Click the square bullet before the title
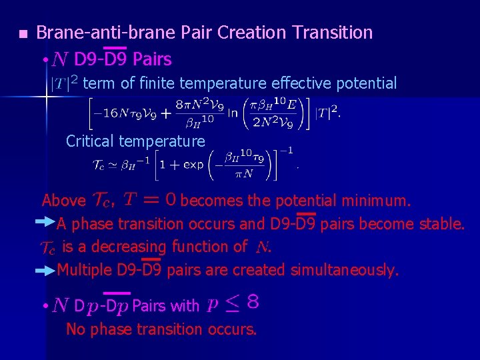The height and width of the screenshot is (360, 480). click(x=22, y=33)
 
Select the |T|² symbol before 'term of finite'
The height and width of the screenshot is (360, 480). click(x=65, y=83)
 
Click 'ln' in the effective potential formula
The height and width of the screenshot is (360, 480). click(x=232, y=112)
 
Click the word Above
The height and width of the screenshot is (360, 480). click(x=63, y=201)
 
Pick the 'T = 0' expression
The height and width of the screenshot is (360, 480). click(x=150, y=199)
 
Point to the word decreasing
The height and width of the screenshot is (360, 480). click(x=129, y=247)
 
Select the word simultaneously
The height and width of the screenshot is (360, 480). click(x=344, y=270)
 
